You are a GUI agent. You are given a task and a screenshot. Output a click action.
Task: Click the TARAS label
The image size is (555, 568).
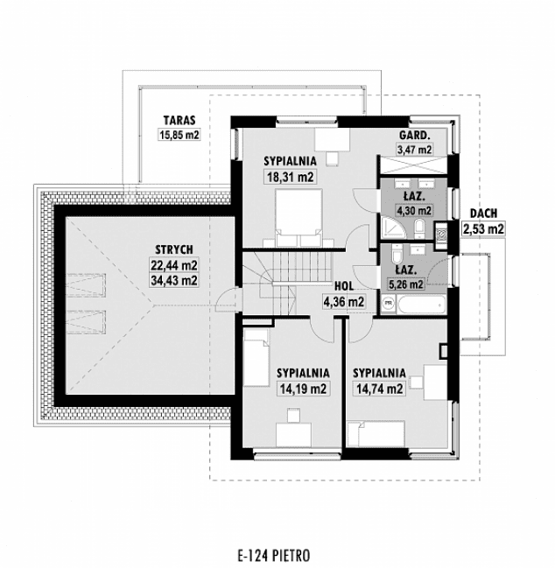(179, 121)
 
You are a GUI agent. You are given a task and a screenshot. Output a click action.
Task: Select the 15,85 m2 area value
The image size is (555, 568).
(179, 135)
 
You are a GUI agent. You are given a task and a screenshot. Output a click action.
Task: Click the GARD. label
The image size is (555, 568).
(413, 136)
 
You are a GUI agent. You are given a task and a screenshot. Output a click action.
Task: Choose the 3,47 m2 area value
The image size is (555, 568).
(414, 150)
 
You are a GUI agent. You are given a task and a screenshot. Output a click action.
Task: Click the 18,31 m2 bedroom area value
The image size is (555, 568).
(290, 176)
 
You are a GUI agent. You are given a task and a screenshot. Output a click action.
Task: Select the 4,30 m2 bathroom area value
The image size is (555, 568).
(413, 210)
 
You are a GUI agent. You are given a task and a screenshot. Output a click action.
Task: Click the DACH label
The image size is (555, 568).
(484, 214)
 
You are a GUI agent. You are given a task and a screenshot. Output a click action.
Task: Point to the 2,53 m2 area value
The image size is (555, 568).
(484, 229)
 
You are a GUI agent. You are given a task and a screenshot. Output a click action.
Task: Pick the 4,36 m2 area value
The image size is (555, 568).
(343, 302)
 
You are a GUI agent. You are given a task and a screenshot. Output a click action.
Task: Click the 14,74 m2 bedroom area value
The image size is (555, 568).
(378, 389)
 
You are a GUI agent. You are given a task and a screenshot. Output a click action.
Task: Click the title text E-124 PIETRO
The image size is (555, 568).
(273, 554)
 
